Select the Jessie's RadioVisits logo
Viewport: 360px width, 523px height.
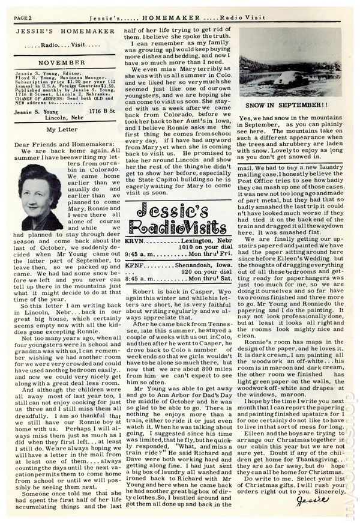[180, 214]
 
